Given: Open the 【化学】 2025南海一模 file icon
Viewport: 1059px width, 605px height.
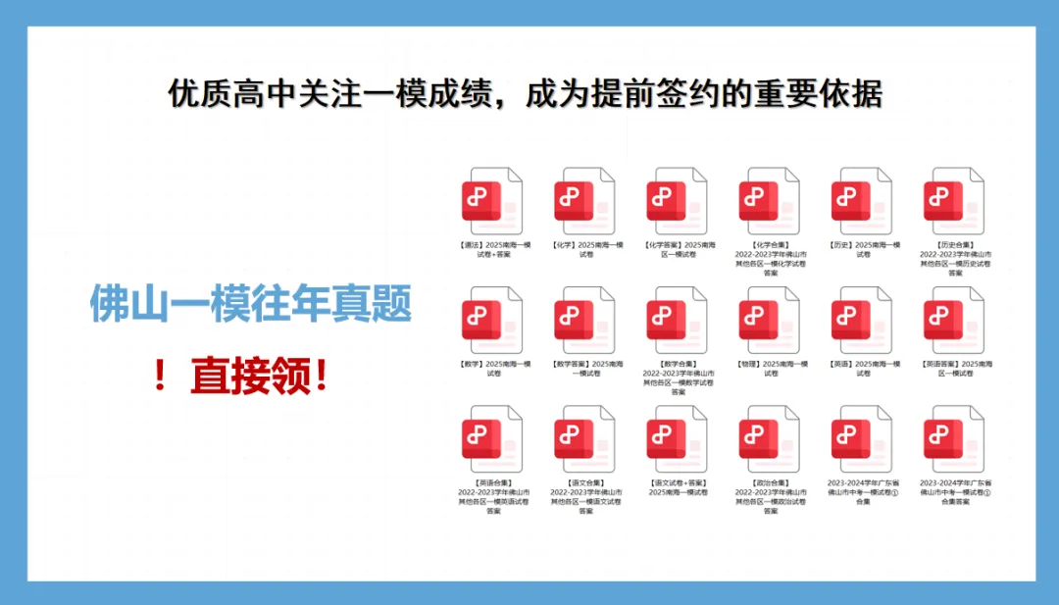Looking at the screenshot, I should [584, 200].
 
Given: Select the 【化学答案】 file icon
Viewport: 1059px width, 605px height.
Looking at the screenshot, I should [677, 200].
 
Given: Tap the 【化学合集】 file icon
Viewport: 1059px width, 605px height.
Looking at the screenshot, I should [770, 200].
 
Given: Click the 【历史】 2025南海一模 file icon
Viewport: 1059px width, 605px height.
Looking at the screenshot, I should [862, 200].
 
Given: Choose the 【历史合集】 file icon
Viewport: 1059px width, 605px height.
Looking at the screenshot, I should [954, 200].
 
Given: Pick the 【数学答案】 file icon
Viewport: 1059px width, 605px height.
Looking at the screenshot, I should [584, 320].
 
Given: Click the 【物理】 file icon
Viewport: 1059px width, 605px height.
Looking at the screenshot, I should [770, 320].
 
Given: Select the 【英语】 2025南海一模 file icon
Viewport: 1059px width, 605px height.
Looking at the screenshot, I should [862, 320].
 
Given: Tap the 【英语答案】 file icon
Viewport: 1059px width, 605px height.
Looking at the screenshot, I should [954, 320].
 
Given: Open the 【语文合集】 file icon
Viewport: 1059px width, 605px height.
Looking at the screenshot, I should [584, 439].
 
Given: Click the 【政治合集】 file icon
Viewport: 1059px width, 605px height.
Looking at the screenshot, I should [770, 439].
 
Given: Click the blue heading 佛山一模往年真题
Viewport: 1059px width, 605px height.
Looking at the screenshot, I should [250, 306].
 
